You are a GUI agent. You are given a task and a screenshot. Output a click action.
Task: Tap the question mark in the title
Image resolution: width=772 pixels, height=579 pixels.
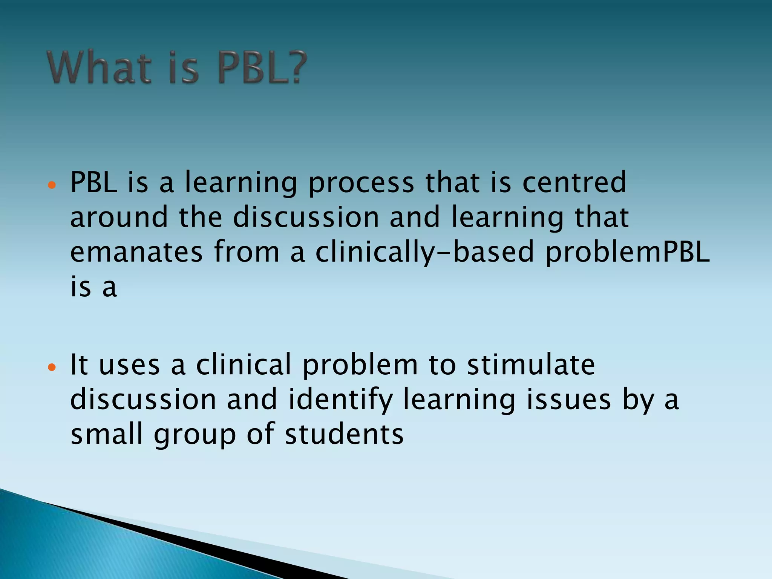click(294, 68)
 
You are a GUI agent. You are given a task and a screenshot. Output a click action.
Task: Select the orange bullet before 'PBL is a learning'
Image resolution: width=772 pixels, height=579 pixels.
click(52, 185)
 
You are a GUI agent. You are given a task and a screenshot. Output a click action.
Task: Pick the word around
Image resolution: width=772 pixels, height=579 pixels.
click(119, 218)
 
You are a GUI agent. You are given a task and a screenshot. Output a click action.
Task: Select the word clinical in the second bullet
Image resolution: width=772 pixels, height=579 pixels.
click(244, 365)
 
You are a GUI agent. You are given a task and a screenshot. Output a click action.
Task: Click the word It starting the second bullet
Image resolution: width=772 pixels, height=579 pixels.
click(79, 365)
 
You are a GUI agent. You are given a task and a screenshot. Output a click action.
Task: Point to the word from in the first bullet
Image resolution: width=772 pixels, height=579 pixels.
click(247, 253)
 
